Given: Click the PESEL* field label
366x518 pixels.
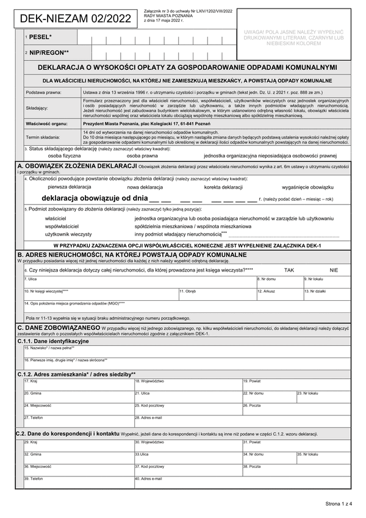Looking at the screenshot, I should [x=40, y=38].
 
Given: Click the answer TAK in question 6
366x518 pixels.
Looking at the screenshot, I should [x=289, y=269].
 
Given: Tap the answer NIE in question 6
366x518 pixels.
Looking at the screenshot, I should [x=334, y=269].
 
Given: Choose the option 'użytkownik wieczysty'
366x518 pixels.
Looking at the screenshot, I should [x=68, y=234].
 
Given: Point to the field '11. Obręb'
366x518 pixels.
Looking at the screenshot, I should [x=217, y=295].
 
